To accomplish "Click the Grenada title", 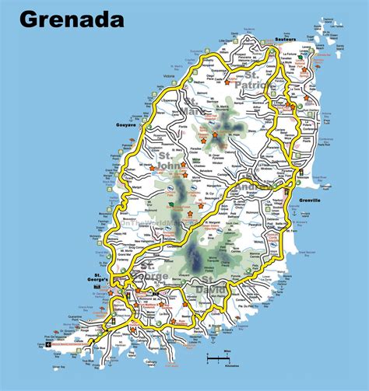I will (x=72, y=19).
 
